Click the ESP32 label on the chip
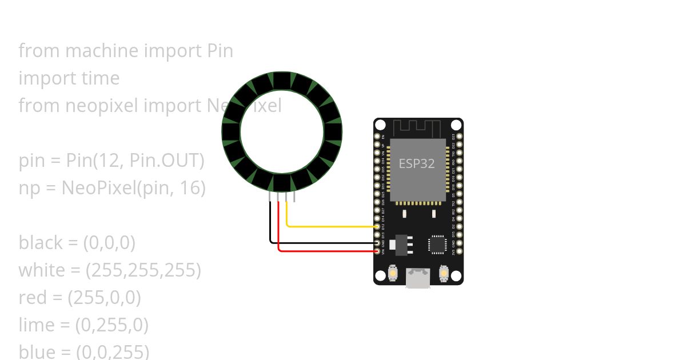(x=417, y=163)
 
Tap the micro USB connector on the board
(x=418, y=278)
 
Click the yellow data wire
(x=332, y=227)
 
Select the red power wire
(x=326, y=251)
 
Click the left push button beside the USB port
(x=393, y=274)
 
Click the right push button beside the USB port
(x=444, y=274)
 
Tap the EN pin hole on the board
(x=377, y=137)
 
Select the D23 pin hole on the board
(x=460, y=137)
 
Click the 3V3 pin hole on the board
(x=460, y=251)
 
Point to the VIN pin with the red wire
(x=377, y=251)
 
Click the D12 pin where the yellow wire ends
(x=377, y=227)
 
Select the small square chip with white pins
(x=437, y=245)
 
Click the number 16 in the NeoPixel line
(x=189, y=188)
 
